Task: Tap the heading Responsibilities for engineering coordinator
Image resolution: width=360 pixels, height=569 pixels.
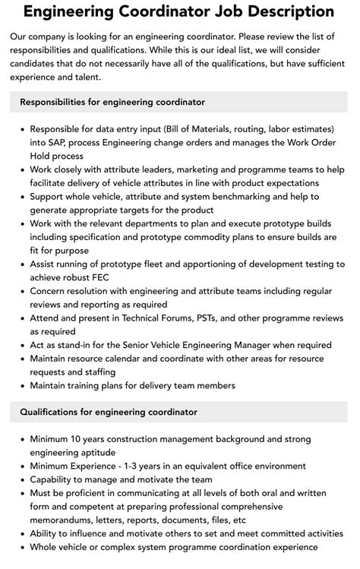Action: (112, 102)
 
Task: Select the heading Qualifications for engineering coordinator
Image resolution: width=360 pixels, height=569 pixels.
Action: (109, 412)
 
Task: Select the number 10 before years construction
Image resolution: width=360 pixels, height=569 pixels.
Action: (82, 439)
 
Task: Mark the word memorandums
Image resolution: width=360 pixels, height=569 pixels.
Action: (65, 520)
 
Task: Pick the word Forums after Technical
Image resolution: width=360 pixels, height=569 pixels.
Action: (163, 318)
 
